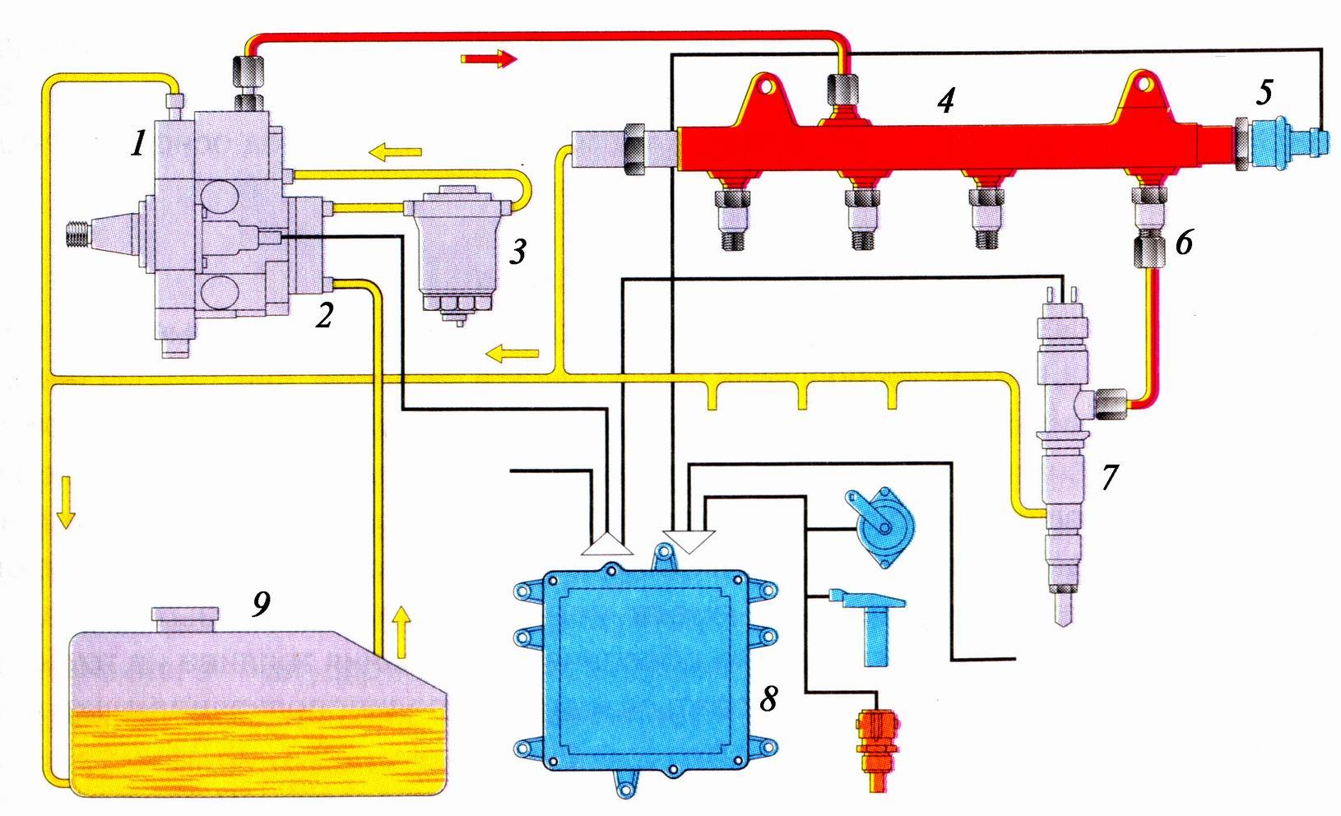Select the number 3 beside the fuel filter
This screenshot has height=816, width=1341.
517,251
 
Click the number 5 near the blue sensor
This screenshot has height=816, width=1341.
1264,91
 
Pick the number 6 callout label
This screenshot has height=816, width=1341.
1184,243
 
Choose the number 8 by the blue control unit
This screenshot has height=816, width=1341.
768,698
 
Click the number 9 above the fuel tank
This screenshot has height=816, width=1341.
260,605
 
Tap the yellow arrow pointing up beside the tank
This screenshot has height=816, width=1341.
400,632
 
